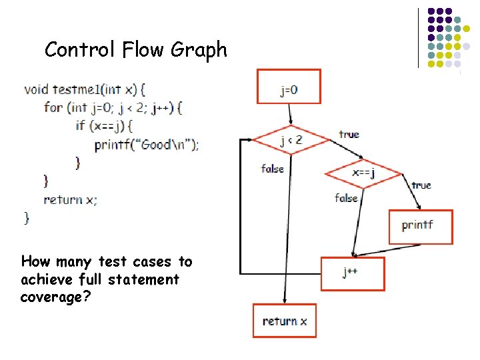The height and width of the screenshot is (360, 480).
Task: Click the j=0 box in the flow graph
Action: pos(289,87)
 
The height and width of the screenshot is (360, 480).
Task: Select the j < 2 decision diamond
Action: pos(291,140)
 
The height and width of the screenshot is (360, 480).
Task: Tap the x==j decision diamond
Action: pos(363,173)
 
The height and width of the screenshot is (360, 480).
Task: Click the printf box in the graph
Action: pos(420,227)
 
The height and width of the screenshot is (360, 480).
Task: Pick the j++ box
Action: pos(353,273)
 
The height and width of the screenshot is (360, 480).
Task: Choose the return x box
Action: pos(285,321)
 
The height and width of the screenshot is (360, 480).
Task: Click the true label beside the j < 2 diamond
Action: pos(349,135)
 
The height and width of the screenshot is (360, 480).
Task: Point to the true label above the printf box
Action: pos(421,185)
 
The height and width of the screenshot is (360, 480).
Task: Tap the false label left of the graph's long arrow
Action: pos(272,169)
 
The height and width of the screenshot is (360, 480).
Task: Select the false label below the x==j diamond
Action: pos(346,198)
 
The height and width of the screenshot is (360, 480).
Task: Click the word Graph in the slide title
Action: pos(198,50)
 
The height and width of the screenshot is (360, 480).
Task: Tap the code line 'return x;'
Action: pos(70,199)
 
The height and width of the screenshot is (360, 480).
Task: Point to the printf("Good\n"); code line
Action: pos(146,144)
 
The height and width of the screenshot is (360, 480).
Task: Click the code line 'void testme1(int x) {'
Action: pos(85,89)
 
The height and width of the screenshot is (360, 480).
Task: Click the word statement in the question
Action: pos(141,279)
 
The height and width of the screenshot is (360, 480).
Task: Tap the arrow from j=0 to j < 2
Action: pos(289,114)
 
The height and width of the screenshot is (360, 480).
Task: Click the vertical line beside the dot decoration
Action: pos(419,38)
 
